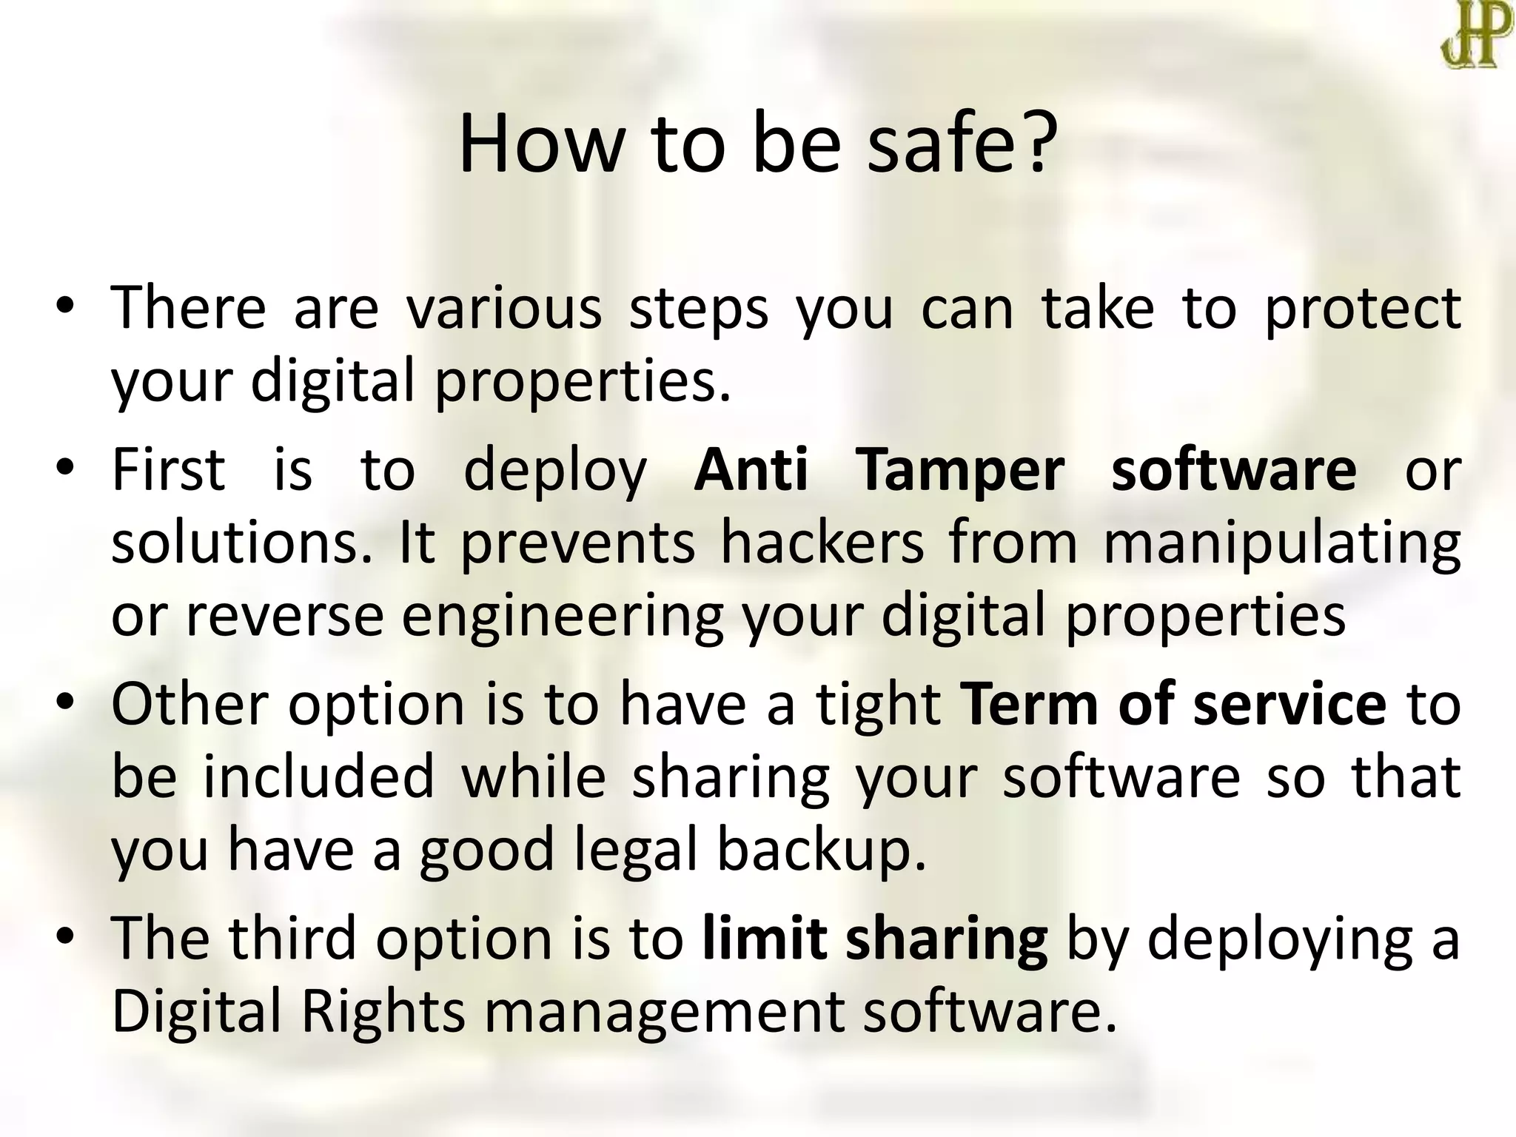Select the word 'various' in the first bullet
pyautogui.click(x=505, y=309)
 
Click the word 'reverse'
pyautogui.click(x=285, y=615)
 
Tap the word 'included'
pyautogui.click(x=318, y=777)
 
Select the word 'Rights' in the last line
pyautogui.click(x=383, y=1012)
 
